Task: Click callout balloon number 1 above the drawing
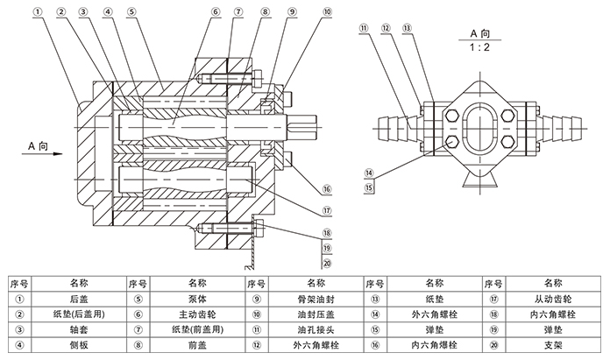38,11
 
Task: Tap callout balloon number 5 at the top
131,11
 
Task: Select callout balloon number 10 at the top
328,11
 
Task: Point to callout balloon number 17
327,211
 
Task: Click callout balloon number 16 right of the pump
327,189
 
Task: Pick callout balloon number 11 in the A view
364,28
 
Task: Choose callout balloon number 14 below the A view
369,173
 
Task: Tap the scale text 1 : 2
479,47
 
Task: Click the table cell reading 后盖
79,299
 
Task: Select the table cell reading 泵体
197,299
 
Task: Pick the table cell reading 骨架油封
316,299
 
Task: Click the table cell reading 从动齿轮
553,299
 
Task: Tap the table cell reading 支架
553,345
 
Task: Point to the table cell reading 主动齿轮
197,314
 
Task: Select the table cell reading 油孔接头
316,329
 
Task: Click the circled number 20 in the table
493,345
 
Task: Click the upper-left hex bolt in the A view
452,115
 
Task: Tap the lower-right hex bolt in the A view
507,141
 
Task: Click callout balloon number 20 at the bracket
327,264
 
